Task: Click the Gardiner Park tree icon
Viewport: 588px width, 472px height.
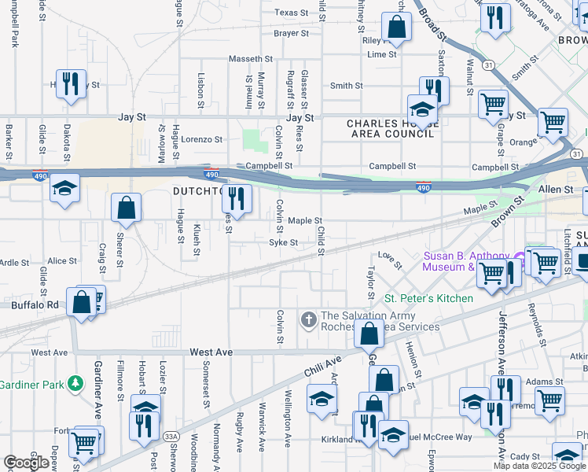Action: click(75, 383)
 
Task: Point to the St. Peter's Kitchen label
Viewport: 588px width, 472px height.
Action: click(428, 299)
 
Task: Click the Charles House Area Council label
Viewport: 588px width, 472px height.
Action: click(391, 129)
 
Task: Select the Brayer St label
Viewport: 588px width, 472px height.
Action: click(291, 33)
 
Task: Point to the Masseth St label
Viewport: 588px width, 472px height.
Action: click(250, 59)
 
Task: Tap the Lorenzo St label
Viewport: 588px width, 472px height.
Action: click(202, 139)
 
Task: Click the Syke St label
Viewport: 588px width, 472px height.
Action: click(284, 243)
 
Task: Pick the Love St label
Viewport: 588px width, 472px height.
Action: click(385, 255)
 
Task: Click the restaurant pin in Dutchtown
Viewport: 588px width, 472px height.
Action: click(237, 200)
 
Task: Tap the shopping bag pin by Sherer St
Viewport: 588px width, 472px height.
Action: click(126, 209)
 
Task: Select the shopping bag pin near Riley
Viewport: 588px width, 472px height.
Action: click(397, 28)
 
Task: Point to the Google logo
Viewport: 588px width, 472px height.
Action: click(26, 463)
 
